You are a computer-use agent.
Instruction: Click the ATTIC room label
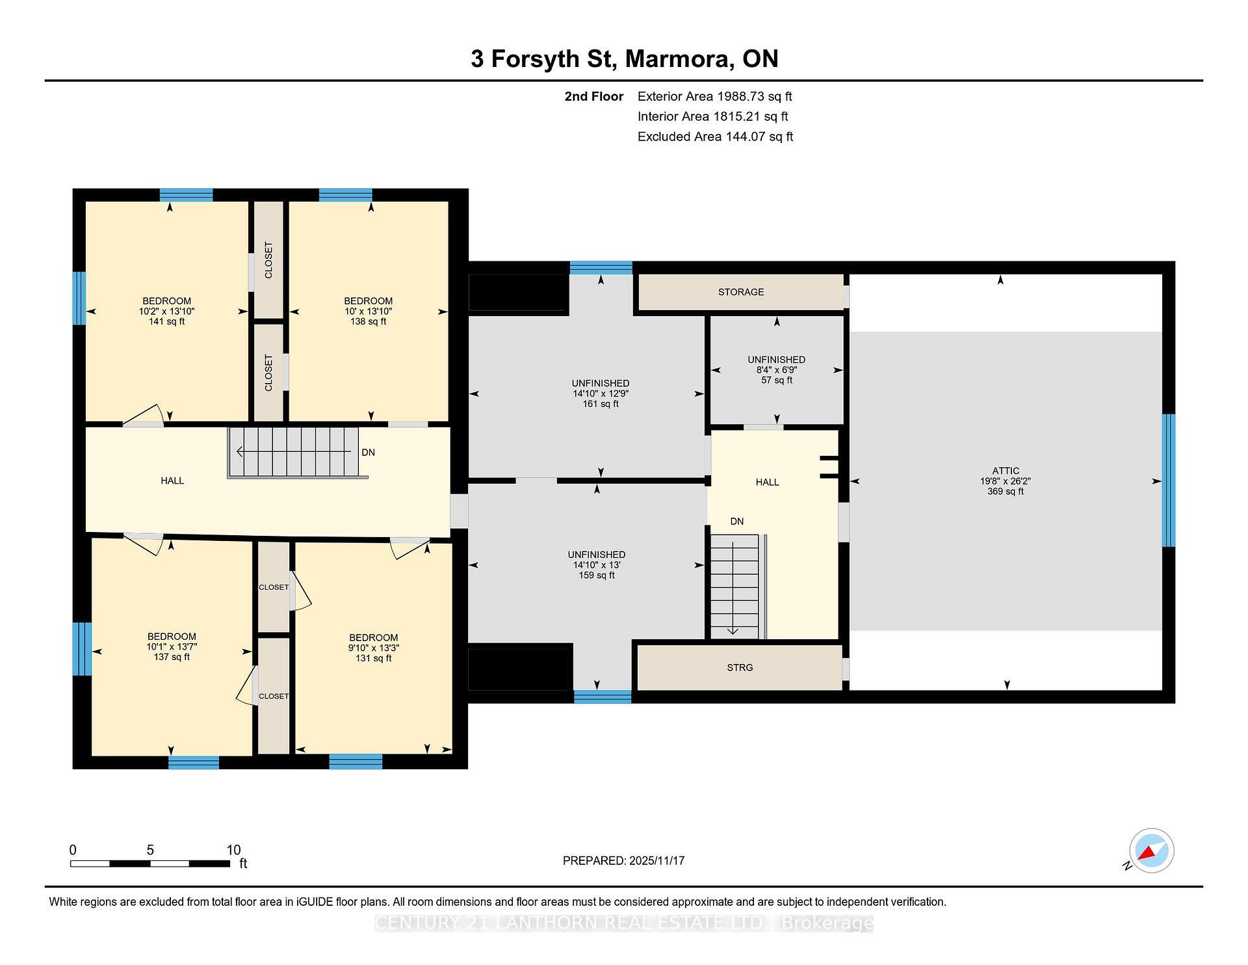(x=1005, y=471)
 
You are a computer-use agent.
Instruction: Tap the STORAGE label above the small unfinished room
(x=740, y=292)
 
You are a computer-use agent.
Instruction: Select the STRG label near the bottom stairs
(x=740, y=668)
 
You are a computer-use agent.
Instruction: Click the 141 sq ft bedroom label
(x=166, y=321)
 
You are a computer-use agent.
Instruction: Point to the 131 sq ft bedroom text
(x=373, y=658)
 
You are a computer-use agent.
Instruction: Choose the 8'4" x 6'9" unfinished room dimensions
(x=776, y=370)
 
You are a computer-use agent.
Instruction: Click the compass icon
(x=1151, y=851)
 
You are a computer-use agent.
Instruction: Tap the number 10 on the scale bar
(x=233, y=850)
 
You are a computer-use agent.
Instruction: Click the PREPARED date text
(x=623, y=861)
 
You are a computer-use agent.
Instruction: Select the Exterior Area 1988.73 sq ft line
(x=714, y=97)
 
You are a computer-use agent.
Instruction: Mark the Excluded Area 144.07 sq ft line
(x=715, y=137)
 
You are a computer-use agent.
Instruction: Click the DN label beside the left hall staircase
(x=368, y=453)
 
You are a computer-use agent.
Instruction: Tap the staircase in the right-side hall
(x=734, y=585)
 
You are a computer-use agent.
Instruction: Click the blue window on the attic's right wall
(x=1168, y=481)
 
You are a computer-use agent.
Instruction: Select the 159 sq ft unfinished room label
(x=596, y=575)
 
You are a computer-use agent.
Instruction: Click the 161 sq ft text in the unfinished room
(x=600, y=404)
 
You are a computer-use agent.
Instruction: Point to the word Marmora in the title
(x=676, y=59)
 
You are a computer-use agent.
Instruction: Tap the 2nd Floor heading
(x=593, y=97)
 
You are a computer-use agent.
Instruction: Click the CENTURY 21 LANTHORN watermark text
(x=623, y=923)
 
